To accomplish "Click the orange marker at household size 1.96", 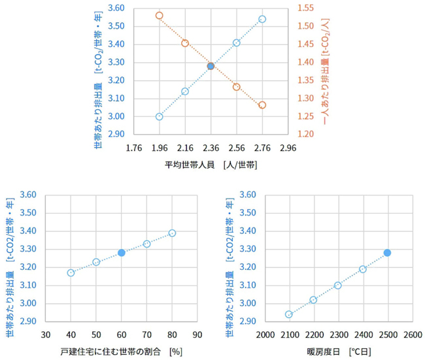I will point(159,16).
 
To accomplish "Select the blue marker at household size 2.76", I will point(262,19).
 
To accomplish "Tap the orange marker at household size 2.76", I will point(262,105).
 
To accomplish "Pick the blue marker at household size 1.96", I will point(159,117).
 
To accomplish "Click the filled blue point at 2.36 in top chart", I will point(211,66).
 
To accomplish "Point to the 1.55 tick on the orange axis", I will point(306,8).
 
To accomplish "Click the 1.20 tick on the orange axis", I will point(306,135).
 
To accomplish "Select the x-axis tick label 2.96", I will point(288,147).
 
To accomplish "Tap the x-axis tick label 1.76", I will point(133,147).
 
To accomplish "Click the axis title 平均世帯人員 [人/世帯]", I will point(211,165).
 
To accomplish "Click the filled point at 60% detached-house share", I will point(122,253).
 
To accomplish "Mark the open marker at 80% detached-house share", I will point(172,233).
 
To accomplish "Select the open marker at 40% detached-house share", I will point(71,272).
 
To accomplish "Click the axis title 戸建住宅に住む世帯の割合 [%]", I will point(122,352).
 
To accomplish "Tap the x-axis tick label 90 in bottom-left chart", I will point(197,335).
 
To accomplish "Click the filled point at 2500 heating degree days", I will point(387,253).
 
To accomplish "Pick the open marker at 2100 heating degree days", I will point(289,314).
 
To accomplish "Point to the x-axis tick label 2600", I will point(412,335).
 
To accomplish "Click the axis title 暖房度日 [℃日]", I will point(338,352).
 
